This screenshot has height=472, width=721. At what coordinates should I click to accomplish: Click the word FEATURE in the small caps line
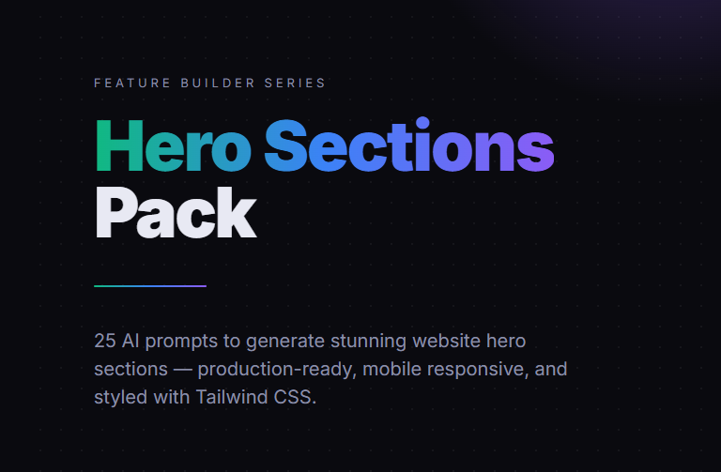pos(132,84)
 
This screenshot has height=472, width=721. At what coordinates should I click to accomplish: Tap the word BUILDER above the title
pos(218,84)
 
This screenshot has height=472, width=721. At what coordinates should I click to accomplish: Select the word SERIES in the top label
pos(295,84)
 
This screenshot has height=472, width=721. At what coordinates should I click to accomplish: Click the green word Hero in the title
pos(174,145)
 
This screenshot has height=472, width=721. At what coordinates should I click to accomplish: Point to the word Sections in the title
pos(409,145)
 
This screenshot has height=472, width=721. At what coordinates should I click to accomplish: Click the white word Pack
pos(176,212)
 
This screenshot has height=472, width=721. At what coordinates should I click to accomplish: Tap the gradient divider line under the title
pos(150,286)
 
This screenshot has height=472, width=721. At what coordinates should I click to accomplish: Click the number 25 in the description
pos(105,341)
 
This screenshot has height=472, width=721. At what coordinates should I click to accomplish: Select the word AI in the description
pos(130,341)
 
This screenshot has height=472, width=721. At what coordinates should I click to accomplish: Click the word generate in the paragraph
pos(285,342)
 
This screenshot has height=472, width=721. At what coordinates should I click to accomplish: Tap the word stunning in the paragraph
pos(368,342)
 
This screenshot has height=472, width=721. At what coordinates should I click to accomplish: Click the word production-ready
pos(275,370)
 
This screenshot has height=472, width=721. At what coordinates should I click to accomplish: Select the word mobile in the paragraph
pos(391,369)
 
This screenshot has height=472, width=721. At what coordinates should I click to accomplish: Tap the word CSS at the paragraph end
pos(295,397)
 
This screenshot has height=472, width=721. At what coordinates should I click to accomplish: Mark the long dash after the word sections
pos(182,370)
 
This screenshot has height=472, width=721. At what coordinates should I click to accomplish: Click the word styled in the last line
pos(120,398)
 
